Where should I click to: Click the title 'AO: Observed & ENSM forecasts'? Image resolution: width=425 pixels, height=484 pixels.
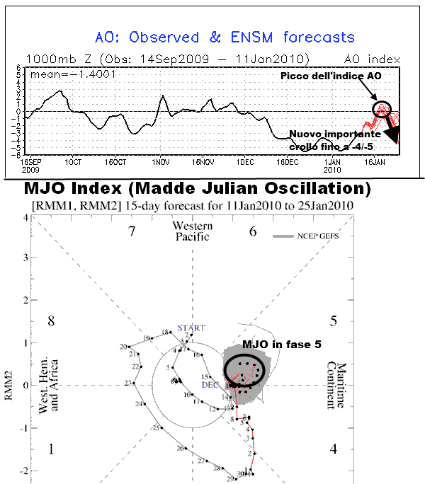[x=225, y=37]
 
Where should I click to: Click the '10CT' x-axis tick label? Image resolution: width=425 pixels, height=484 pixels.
[x=73, y=162]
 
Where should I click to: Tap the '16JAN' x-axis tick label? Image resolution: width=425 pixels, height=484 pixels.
[x=374, y=162]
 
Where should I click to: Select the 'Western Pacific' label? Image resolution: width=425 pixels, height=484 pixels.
[x=192, y=231]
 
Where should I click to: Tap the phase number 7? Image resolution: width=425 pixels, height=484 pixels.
[x=130, y=232]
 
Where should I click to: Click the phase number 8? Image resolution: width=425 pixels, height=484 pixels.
[x=50, y=322]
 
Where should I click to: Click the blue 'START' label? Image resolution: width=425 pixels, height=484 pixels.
[x=191, y=328]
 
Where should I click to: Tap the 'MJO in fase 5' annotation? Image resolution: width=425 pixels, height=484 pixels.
[x=282, y=344]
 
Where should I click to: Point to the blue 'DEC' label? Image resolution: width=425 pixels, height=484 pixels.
[x=210, y=385]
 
